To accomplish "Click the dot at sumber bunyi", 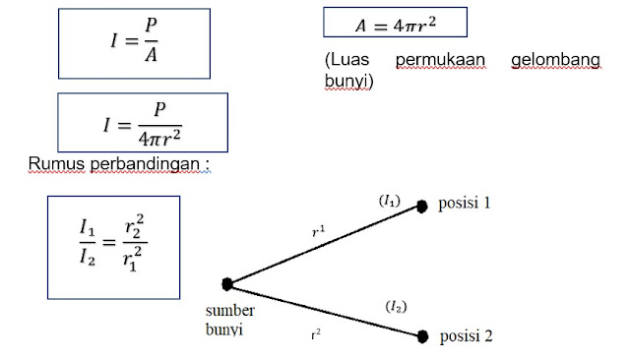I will (x=227, y=284).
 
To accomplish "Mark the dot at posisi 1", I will (x=421, y=206).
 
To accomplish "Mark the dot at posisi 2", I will (x=423, y=336).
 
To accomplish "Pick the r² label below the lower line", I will (x=317, y=333).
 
